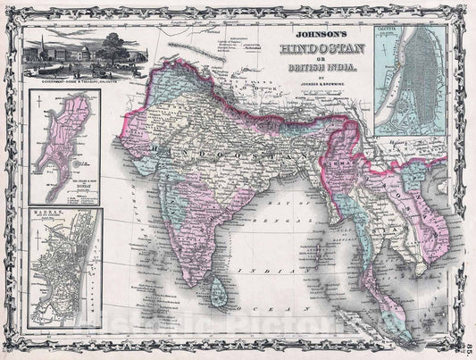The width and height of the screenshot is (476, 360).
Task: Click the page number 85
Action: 467,335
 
